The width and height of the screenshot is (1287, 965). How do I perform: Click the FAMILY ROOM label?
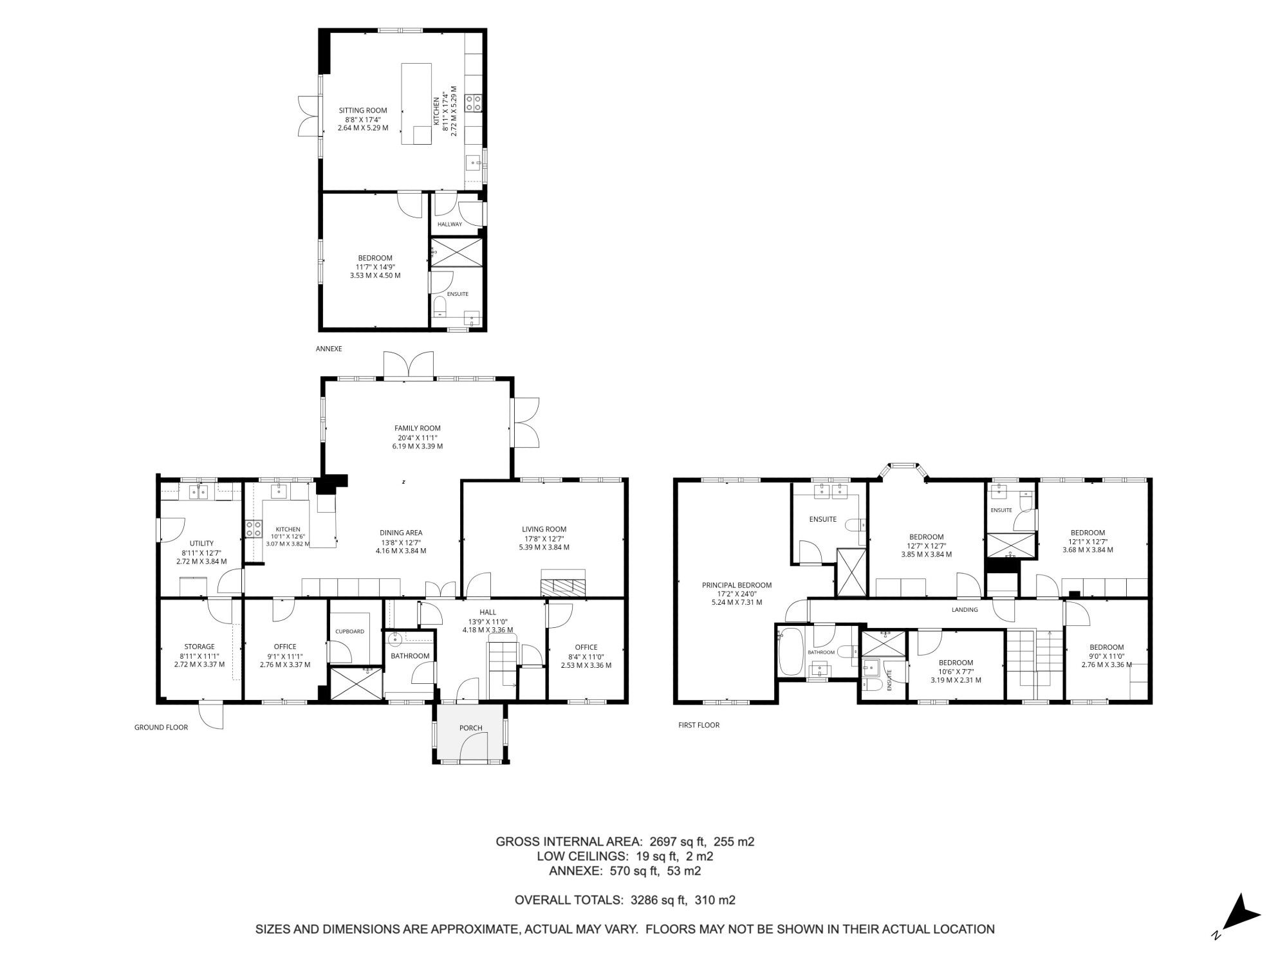pos(417,428)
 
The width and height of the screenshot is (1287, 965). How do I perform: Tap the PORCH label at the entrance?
pos(470,728)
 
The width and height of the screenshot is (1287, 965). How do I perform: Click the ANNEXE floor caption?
pos(329,349)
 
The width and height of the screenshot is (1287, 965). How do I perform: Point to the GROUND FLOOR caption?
pos(161,728)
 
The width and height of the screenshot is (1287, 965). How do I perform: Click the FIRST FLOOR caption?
pos(699,725)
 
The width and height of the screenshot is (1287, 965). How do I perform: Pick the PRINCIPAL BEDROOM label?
pos(736,585)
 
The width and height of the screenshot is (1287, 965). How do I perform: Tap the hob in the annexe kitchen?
pos(474,102)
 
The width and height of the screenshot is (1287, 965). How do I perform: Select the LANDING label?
pos(965,610)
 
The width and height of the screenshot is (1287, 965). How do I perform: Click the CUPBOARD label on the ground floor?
pos(349,631)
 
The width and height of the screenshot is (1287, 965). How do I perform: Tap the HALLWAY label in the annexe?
pos(450,224)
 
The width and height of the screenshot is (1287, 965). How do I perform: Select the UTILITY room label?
pos(201,544)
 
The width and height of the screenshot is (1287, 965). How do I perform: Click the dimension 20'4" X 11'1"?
pos(417,437)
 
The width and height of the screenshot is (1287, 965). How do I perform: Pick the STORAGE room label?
pos(199,647)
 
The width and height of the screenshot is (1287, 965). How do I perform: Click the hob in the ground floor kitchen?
pos(254,529)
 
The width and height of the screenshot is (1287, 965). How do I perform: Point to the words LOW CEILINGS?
pos(582,856)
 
